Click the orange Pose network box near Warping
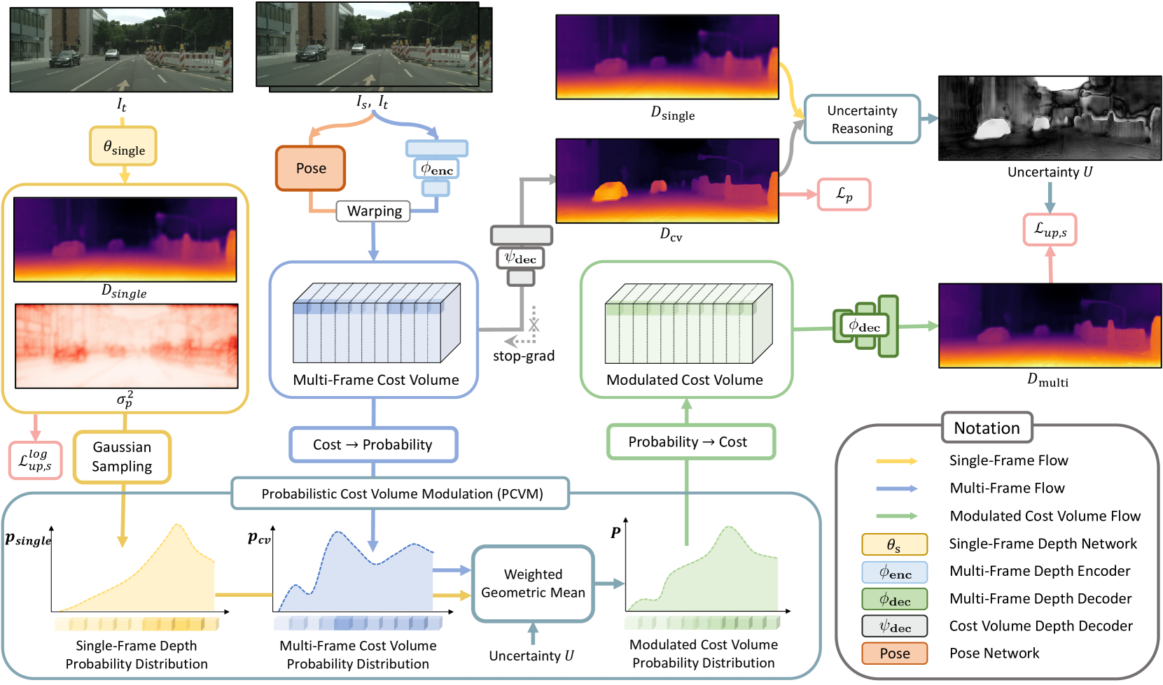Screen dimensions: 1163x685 point(310,168)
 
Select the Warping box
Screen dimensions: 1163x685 point(373,211)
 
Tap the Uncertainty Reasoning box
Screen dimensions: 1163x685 point(862,120)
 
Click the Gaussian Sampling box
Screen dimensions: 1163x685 point(122,457)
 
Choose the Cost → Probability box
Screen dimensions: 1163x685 point(373,445)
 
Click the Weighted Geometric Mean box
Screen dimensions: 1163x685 point(533,584)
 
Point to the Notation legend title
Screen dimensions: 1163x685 point(987,428)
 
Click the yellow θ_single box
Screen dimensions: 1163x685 point(123,146)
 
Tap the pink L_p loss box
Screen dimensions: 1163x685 point(844,195)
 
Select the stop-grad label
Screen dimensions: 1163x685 point(524,356)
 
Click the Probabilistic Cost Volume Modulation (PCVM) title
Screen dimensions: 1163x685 point(402,493)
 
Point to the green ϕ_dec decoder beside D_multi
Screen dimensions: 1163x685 point(865,327)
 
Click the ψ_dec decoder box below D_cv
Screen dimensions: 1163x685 point(521,258)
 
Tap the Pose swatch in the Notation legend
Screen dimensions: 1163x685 point(895,654)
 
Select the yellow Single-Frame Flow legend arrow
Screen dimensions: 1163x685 point(897,461)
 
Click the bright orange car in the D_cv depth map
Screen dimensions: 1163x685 point(611,192)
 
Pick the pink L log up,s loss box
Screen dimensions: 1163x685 point(35,460)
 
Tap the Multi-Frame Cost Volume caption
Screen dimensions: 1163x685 point(376,380)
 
